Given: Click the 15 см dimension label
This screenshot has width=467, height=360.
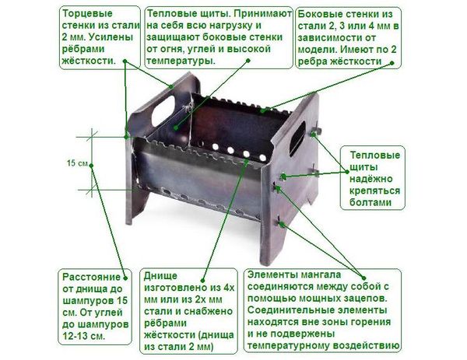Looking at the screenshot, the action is pos(77,163).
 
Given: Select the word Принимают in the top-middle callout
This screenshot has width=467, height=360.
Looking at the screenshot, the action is pos(263,13).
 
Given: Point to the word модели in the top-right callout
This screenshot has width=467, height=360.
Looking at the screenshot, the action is pos(317,50).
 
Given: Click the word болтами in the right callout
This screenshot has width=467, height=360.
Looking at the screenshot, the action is pos(370,202).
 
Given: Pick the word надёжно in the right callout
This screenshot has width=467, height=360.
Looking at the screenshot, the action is pos(370,179).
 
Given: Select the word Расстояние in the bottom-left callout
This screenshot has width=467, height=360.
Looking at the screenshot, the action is pos(91,277).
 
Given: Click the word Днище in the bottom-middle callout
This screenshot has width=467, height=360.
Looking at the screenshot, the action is pos(160,276).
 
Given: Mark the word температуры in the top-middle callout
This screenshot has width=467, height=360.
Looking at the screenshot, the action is pos(181,61).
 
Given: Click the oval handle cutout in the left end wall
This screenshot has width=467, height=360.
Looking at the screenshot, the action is pos(163,110).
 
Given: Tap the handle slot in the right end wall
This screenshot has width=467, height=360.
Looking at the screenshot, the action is pos(297,138).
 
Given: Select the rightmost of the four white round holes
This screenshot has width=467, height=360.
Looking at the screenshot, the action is pos(262,157).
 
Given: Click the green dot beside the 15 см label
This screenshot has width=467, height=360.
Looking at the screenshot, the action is pos(91,166).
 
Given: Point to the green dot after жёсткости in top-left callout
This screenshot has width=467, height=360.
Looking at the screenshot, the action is pos(125,61).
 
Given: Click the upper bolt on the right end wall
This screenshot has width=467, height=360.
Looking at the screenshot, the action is pos(316,131).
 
